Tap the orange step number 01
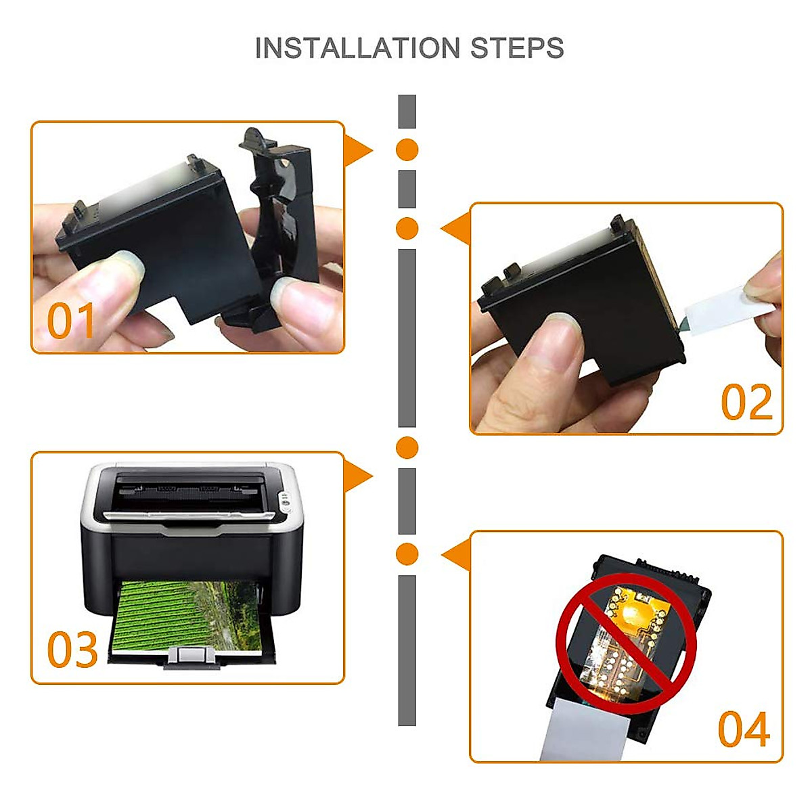point(71,321)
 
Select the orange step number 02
point(746,402)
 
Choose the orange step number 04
point(744,729)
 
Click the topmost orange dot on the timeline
point(407,150)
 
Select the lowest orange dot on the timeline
point(407,554)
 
